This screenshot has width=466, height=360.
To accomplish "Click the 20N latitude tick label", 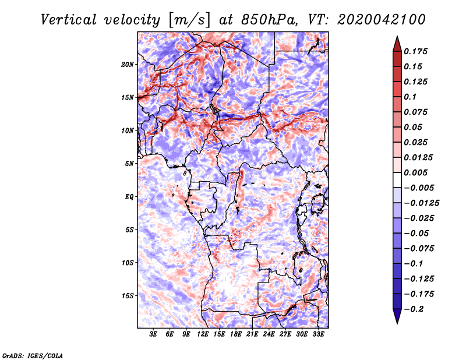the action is [x=127, y=65].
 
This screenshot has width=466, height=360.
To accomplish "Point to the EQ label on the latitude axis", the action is [x=129, y=197].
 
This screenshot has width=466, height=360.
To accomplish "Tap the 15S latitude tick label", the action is [x=128, y=296].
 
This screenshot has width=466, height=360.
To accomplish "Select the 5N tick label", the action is [x=129, y=164].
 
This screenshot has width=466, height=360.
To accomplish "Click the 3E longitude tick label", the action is [x=153, y=334].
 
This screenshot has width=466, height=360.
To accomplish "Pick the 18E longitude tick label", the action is [x=236, y=334].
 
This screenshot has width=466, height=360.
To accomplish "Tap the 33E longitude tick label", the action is [x=318, y=334].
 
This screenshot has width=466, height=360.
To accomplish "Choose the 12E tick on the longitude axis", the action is [x=203, y=334].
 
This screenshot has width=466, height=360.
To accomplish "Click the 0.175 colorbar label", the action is [x=415, y=51].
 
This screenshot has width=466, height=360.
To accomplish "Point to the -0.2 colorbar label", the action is [x=414, y=309].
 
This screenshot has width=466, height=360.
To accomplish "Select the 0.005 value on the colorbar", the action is [x=415, y=172].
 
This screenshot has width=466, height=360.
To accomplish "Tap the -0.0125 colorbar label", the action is [x=421, y=203].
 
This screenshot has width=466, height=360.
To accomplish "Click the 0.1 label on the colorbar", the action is [x=410, y=97].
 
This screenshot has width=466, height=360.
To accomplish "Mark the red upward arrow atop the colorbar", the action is [x=397, y=44].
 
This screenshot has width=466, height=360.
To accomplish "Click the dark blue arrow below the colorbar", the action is [x=397, y=316].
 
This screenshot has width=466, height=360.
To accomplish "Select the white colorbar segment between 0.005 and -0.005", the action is [x=397, y=180].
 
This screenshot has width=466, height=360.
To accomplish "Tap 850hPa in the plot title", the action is [x=269, y=20].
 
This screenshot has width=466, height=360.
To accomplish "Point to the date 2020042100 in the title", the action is [x=382, y=20].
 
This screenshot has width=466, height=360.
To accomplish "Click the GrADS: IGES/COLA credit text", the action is [x=33, y=355].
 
